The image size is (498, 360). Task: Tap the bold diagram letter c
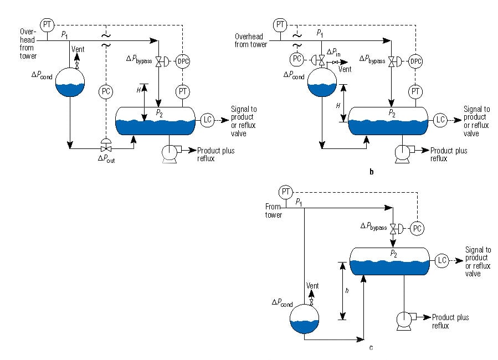coord(371,348)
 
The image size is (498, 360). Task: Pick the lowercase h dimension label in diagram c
coord(347,291)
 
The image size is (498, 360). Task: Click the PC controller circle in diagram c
coord(417,228)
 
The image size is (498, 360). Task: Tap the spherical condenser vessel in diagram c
coord(305,320)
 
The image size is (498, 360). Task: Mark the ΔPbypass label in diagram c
coord(373,227)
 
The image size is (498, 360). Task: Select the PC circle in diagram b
coord(297,59)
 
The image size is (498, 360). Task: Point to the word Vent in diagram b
coord(345,70)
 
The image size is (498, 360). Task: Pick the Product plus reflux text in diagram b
coord(449,155)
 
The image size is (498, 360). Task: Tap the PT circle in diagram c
coord(285,192)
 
